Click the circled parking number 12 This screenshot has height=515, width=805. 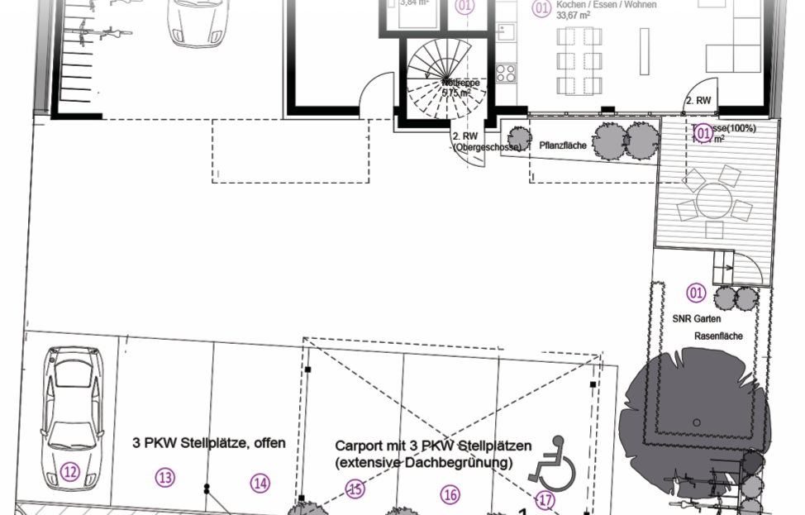pyautogui.click(x=69, y=472)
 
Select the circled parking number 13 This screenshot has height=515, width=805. pyautogui.click(x=165, y=477)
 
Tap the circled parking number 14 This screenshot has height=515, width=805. pyautogui.click(x=260, y=483)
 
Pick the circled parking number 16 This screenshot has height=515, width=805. pyautogui.click(x=450, y=494)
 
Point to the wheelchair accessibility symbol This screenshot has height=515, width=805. pyautogui.click(x=546, y=463)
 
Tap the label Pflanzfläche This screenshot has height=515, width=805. pyautogui.click(x=563, y=145)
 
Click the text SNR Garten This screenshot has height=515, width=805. pyautogui.click(x=697, y=319)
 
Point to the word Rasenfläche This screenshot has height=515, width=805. pyautogui.click(x=717, y=336)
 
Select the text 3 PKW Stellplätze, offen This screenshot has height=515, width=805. pyautogui.click(x=209, y=443)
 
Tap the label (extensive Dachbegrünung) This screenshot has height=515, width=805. pyautogui.click(x=424, y=463)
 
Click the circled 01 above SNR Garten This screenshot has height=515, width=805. pyautogui.click(x=696, y=293)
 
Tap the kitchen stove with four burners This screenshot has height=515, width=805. pyautogui.click(x=506, y=73)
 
